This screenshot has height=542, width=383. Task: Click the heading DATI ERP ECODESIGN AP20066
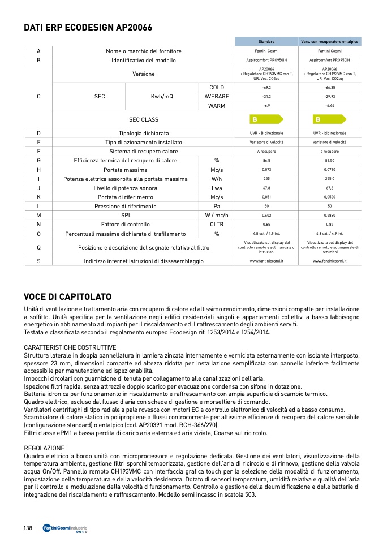[x=88, y=27]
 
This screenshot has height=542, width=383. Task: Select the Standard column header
[x=266, y=42]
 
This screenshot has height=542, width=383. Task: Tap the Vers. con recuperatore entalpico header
[x=330, y=42]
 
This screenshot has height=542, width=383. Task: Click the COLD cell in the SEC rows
[x=217, y=88]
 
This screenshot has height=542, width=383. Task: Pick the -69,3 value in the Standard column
[x=266, y=88]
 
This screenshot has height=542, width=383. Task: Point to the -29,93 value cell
[x=330, y=97]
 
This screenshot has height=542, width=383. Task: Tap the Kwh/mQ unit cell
[x=162, y=97]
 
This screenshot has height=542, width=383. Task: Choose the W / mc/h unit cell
[x=217, y=216]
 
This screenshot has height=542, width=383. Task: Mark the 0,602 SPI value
[x=266, y=216]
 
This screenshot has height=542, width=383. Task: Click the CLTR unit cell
[x=217, y=225]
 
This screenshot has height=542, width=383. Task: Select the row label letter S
[x=38, y=261]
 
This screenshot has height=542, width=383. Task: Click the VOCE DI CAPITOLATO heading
[x=67, y=297]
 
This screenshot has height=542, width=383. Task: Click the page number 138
[x=28, y=528]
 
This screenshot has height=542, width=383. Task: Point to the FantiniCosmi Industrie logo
[x=65, y=528]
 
